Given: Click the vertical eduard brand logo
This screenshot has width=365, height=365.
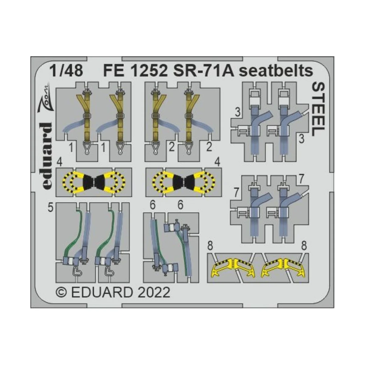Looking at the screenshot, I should pyautogui.click(x=46, y=156).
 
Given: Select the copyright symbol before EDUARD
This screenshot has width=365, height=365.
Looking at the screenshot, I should pyautogui.click(x=62, y=293).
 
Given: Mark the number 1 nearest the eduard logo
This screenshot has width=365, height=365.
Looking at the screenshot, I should pyautogui.click(x=71, y=148).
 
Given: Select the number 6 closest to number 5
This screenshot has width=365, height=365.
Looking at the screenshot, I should pyautogui.click(x=153, y=206).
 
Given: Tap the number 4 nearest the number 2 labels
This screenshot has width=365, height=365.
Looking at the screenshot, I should pyautogui.click(x=217, y=163).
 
